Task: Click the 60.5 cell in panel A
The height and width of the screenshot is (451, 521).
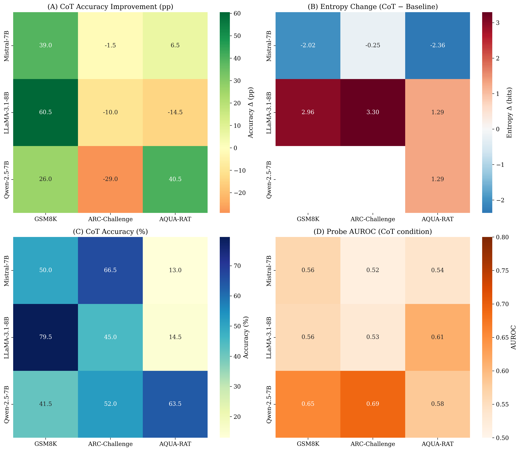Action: [x=46, y=112]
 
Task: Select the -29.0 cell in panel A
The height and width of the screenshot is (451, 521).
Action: [x=110, y=179]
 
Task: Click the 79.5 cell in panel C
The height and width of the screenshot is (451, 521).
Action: [x=46, y=337]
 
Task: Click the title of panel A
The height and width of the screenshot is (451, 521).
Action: [x=110, y=7]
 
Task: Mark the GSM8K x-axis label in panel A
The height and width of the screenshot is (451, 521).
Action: [x=46, y=219]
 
